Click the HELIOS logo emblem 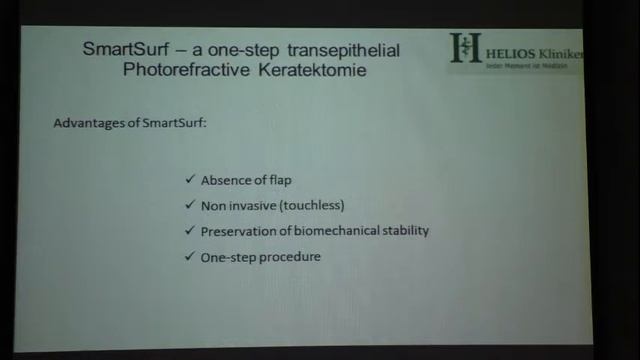(x=465, y=47)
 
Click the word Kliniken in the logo (x=563, y=52)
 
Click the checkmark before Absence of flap (x=190, y=180)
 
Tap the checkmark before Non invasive (x=190, y=205)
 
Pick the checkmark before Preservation (x=190, y=231)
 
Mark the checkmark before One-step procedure (x=190, y=257)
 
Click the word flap (x=278, y=180)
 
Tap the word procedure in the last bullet (x=289, y=257)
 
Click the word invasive (x=252, y=205)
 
